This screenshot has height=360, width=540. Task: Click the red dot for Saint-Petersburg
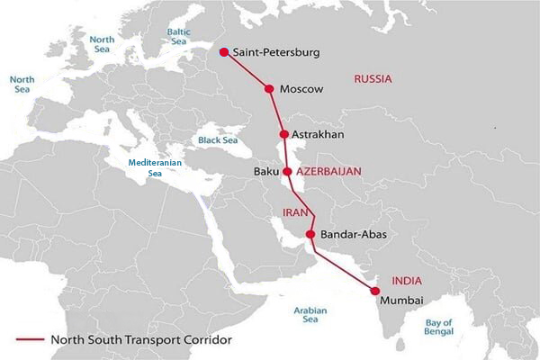tap(223, 52)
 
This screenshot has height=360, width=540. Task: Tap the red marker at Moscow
tap(268, 88)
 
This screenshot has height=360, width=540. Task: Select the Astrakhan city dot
tap(284, 135)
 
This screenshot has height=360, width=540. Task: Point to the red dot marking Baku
tap(287, 171)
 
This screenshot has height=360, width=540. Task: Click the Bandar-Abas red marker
tap(311, 235)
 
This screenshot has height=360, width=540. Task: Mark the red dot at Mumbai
tap(373, 290)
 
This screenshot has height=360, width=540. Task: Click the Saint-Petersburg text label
tap(276, 53)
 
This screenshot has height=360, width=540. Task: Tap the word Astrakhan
tap(319, 135)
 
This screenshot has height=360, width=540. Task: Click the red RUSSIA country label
tap(373, 79)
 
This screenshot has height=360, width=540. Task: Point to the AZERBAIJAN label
tap(328, 170)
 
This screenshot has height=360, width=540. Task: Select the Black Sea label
tap(217, 140)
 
